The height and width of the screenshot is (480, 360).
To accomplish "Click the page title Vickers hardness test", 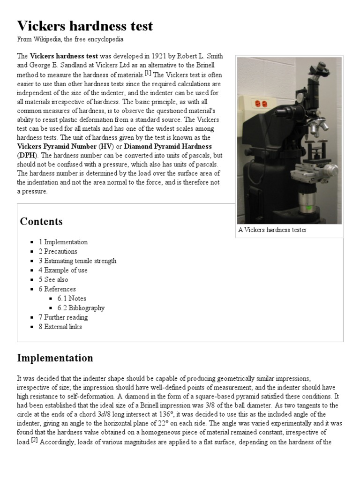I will click(x=85, y=26).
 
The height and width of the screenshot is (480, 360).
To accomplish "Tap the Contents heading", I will click(x=41, y=221).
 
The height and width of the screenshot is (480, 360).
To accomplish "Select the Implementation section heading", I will click(x=55, y=358).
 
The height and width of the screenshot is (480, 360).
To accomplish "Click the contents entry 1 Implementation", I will click(x=63, y=242).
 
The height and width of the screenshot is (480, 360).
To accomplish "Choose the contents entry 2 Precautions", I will click(x=58, y=251).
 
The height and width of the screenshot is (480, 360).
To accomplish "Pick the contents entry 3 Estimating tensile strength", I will click(x=77, y=261).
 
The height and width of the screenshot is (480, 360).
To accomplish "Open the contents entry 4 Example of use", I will click(x=63, y=270).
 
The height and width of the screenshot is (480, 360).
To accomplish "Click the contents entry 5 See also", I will click(x=53, y=279).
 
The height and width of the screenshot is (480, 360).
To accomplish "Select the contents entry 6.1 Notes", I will click(x=72, y=298).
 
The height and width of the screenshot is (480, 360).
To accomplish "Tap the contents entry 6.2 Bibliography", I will click(x=81, y=308).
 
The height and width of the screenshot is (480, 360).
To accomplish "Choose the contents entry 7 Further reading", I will click(x=63, y=317).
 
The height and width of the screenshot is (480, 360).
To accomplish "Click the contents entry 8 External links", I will click(x=60, y=327).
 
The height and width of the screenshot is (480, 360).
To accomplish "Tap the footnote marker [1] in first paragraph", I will click(x=148, y=73).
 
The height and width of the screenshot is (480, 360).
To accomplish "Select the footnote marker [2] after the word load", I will click(x=34, y=440).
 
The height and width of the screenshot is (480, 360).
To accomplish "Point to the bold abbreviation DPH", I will click(x=26, y=155).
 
